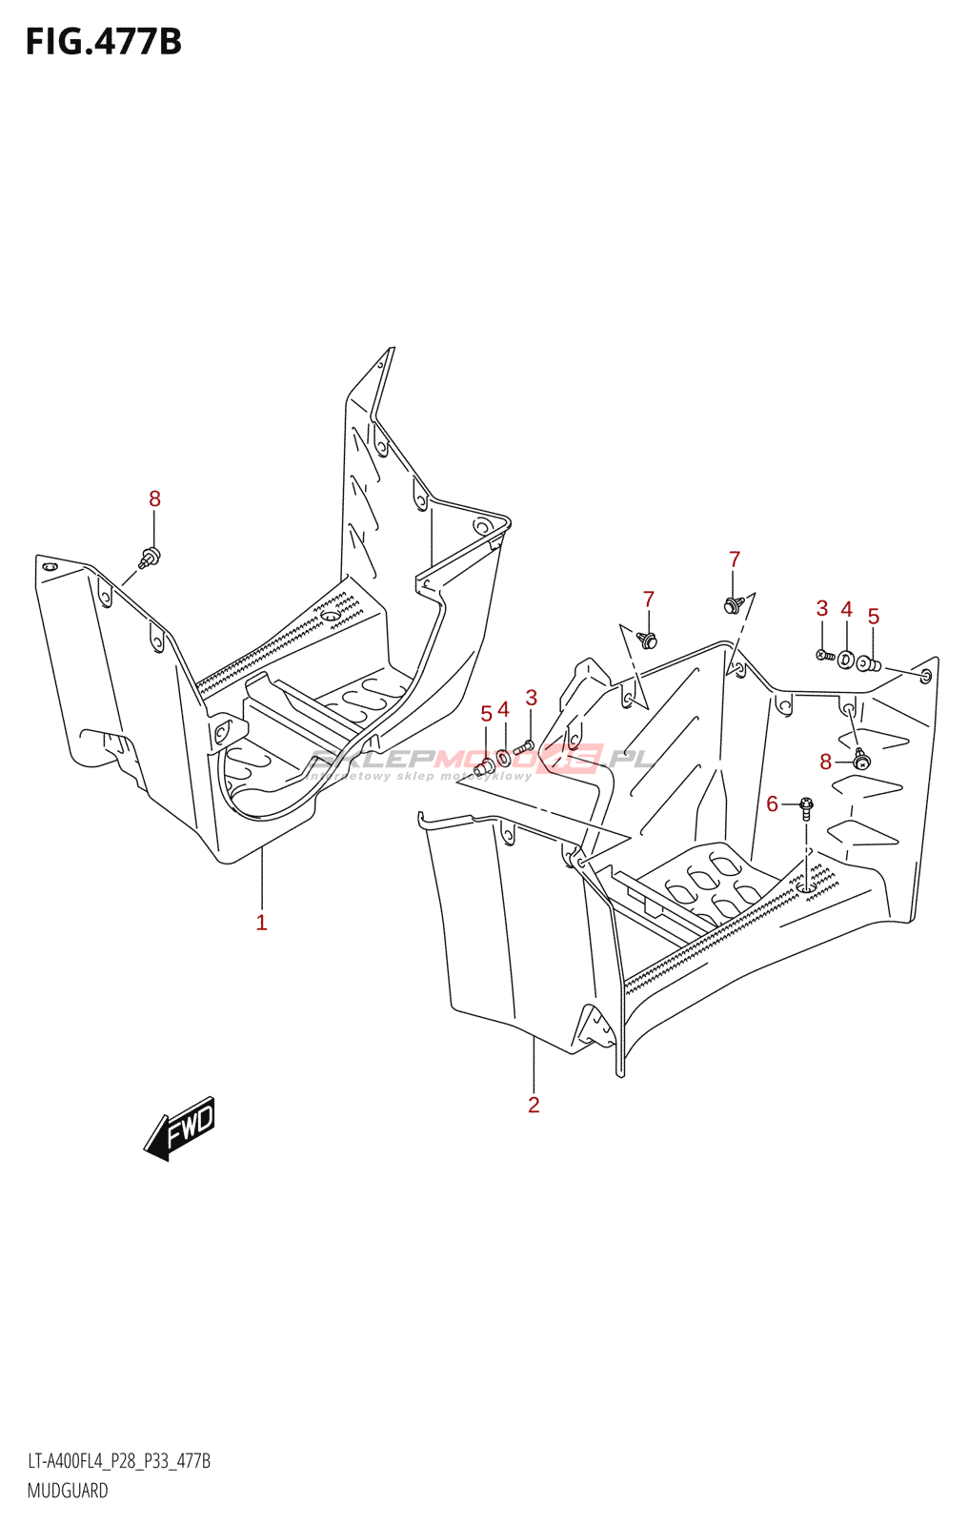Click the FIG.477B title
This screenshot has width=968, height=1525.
coord(103,42)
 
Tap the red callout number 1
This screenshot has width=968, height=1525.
coord(261,923)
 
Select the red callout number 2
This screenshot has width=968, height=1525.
coord(534,1105)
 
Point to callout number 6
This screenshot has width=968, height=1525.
coord(773,804)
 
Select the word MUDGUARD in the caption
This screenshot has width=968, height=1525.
coord(68,1491)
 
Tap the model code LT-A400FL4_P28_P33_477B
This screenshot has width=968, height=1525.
coord(119,1461)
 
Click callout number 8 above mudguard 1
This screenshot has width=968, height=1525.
coord(154,498)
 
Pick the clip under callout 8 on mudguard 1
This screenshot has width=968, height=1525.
coord(150,557)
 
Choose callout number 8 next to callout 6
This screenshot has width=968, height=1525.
coord(826,762)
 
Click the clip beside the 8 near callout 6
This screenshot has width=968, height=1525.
coord(861,760)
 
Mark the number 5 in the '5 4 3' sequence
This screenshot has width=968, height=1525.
coord(486,714)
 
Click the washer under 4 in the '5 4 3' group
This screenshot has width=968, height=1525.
coord(504,759)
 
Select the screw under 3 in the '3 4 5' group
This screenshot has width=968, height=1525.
coord(825,656)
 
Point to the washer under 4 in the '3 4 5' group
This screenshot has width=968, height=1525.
coord(845,659)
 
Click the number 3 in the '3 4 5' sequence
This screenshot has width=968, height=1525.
coord(822,608)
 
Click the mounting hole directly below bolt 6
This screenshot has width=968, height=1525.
coord(806,887)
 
